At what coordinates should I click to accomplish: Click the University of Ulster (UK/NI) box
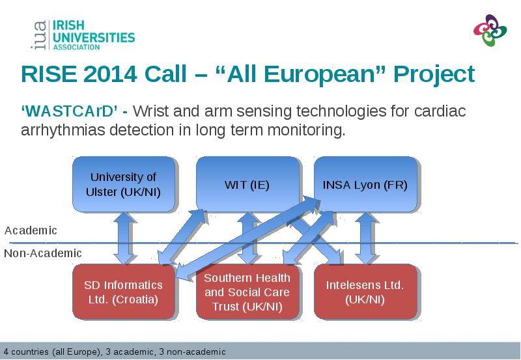(x=124, y=184)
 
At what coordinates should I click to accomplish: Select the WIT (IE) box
(x=247, y=184)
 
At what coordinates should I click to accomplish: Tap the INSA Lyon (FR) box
(x=365, y=184)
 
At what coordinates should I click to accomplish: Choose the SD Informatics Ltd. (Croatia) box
(x=124, y=292)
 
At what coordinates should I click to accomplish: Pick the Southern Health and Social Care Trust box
(x=247, y=292)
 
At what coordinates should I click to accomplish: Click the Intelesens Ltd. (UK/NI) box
(x=365, y=292)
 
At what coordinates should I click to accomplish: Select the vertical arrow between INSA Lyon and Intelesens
(x=366, y=238)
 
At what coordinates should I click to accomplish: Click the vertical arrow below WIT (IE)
(x=247, y=238)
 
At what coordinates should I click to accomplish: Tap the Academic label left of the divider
(x=31, y=230)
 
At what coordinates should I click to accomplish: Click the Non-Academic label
(x=43, y=253)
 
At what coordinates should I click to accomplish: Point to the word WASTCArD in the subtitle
(x=70, y=111)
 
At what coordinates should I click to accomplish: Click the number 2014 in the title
(x=110, y=74)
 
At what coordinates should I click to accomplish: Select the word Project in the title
(x=434, y=75)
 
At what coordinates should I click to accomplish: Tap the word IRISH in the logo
(x=68, y=25)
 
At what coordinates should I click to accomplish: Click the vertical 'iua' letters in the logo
(x=40, y=35)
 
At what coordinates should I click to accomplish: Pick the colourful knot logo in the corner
(x=490, y=30)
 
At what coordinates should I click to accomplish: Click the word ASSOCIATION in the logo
(x=76, y=47)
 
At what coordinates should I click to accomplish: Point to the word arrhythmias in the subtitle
(x=63, y=130)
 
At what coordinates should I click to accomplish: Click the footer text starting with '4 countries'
(x=115, y=352)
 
